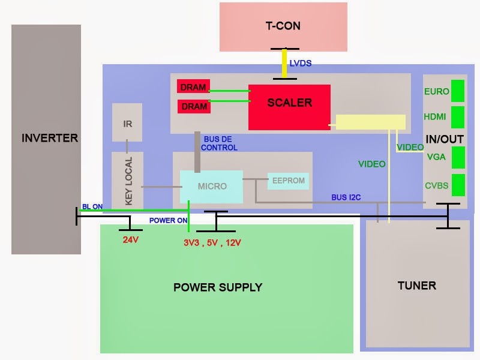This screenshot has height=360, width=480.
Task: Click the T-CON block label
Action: (x=283, y=26)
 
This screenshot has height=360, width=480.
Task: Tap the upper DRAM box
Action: (x=194, y=87)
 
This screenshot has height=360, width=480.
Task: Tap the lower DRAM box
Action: (x=194, y=106)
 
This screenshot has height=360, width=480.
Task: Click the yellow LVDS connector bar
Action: (x=284, y=63)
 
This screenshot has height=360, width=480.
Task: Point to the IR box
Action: (x=127, y=123)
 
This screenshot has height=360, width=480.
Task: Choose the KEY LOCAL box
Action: (x=127, y=180)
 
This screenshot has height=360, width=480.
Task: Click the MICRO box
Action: (x=212, y=186)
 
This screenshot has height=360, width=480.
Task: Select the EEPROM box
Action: (x=289, y=180)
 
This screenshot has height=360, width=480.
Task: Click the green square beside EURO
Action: (x=458, y=91)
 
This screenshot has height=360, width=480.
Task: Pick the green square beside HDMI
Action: (x=458, y=117)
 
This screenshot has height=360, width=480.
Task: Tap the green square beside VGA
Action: (x=458, y=157)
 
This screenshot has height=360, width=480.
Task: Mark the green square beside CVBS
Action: (x=458, y=185)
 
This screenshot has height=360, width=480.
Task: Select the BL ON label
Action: (x=92, y=206)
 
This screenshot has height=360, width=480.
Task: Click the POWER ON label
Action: (x=169, y=220)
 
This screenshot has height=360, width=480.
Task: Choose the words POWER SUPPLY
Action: (x=218, y=287)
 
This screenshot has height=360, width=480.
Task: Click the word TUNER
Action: (x=416, y=285)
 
